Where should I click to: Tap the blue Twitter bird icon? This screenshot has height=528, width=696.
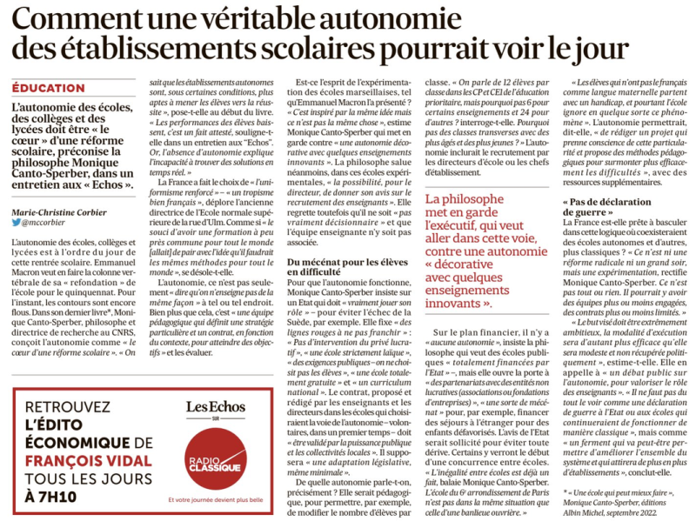(16, 223)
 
